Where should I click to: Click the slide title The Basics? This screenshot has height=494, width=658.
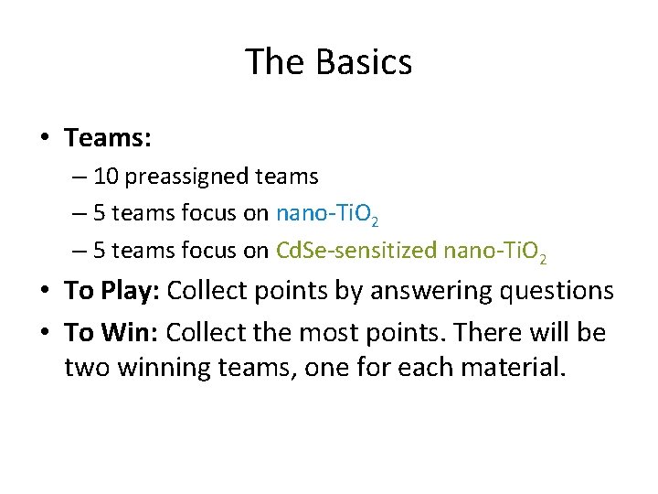[329, 63]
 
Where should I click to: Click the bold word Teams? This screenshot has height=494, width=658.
[108, 138]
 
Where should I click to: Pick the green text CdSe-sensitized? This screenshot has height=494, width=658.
[356, 251]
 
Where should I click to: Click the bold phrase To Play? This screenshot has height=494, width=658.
[111, 291]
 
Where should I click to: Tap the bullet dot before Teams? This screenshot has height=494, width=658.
[44, 139]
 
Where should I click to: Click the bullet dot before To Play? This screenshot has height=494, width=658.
[44, 292]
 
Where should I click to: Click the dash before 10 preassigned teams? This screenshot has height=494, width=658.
[80, 177]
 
